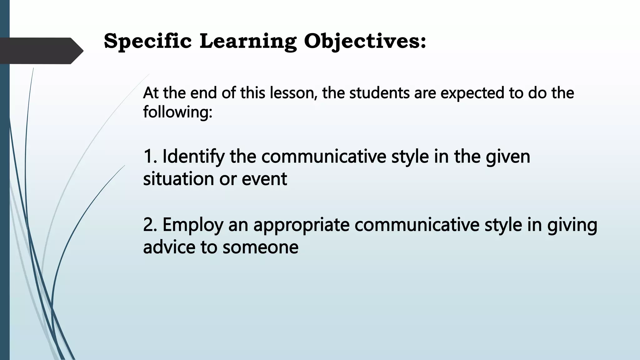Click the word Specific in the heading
coord(147,41)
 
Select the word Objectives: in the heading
coord(365,41)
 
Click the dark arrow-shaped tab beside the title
coord(41,51)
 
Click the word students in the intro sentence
coord(379,93)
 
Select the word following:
coord(177,112)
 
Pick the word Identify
coord(193,157)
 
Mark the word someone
coord(260,247)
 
